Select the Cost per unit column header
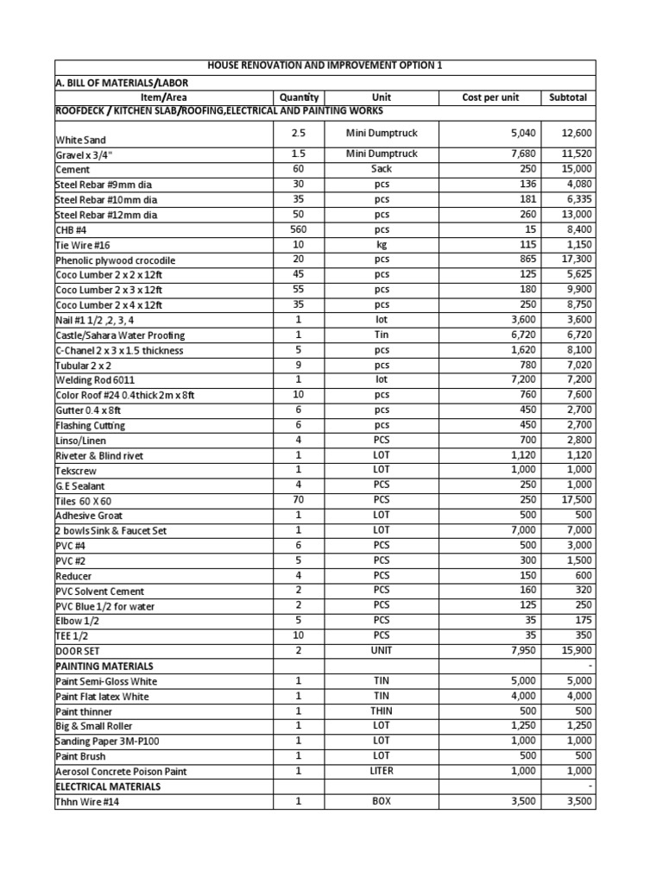tap(490, 97)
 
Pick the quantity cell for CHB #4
tap(299, 229)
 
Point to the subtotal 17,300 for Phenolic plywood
tap(575, 260)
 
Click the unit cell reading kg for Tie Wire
tap(381, 245)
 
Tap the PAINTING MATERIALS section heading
tap(104, 667)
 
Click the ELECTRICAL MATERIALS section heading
tap(108, 786)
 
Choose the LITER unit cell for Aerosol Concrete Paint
tap(381, 771)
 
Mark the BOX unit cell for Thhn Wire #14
tap(381, 801)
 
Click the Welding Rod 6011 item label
tap(95, 380)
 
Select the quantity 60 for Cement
tap(299, 169)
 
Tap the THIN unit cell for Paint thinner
tap(381, 711)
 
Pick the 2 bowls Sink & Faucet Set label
tap(111, 531)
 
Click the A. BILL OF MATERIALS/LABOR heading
tap(122, 82)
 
